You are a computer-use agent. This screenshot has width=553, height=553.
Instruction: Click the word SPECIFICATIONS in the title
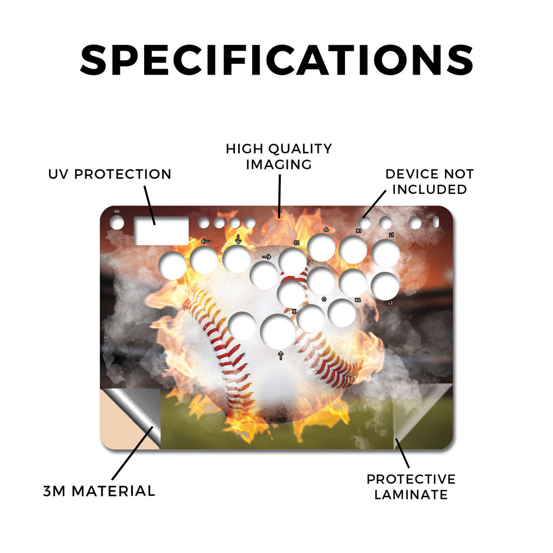[277, 60]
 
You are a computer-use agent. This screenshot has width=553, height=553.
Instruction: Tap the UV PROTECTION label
[110, 174]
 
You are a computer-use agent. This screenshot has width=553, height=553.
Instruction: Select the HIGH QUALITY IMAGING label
[279, 157]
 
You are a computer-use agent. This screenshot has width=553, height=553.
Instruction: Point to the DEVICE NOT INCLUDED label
[429, 181]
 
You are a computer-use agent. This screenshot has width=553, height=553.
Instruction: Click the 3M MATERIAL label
[99, 491]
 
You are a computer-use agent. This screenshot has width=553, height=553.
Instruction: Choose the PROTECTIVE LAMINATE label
[411, 487]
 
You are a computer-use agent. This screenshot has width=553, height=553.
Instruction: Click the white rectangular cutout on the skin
[161, 231]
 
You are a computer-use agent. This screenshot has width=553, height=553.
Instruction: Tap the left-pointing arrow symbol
[206, 241]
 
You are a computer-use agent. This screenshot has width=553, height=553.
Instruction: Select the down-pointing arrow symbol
[238, 239]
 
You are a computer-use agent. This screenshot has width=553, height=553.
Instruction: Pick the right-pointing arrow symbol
[267, 257]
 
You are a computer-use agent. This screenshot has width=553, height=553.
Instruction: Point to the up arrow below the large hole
[281, 355]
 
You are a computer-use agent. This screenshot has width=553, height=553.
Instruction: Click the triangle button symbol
[326, 229]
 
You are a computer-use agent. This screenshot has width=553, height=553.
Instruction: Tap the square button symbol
[296, 243]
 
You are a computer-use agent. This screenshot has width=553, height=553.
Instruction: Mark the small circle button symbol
[324, 299]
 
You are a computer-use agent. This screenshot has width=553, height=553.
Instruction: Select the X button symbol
[294, 312]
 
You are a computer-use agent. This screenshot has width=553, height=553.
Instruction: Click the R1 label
[359, 231]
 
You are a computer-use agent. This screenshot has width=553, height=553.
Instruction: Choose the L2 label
[390, 303]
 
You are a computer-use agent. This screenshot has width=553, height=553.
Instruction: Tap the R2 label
[358, 300]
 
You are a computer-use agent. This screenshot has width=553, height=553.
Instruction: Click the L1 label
[392, 235]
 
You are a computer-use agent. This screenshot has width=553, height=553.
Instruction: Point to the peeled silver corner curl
[136, 411]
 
